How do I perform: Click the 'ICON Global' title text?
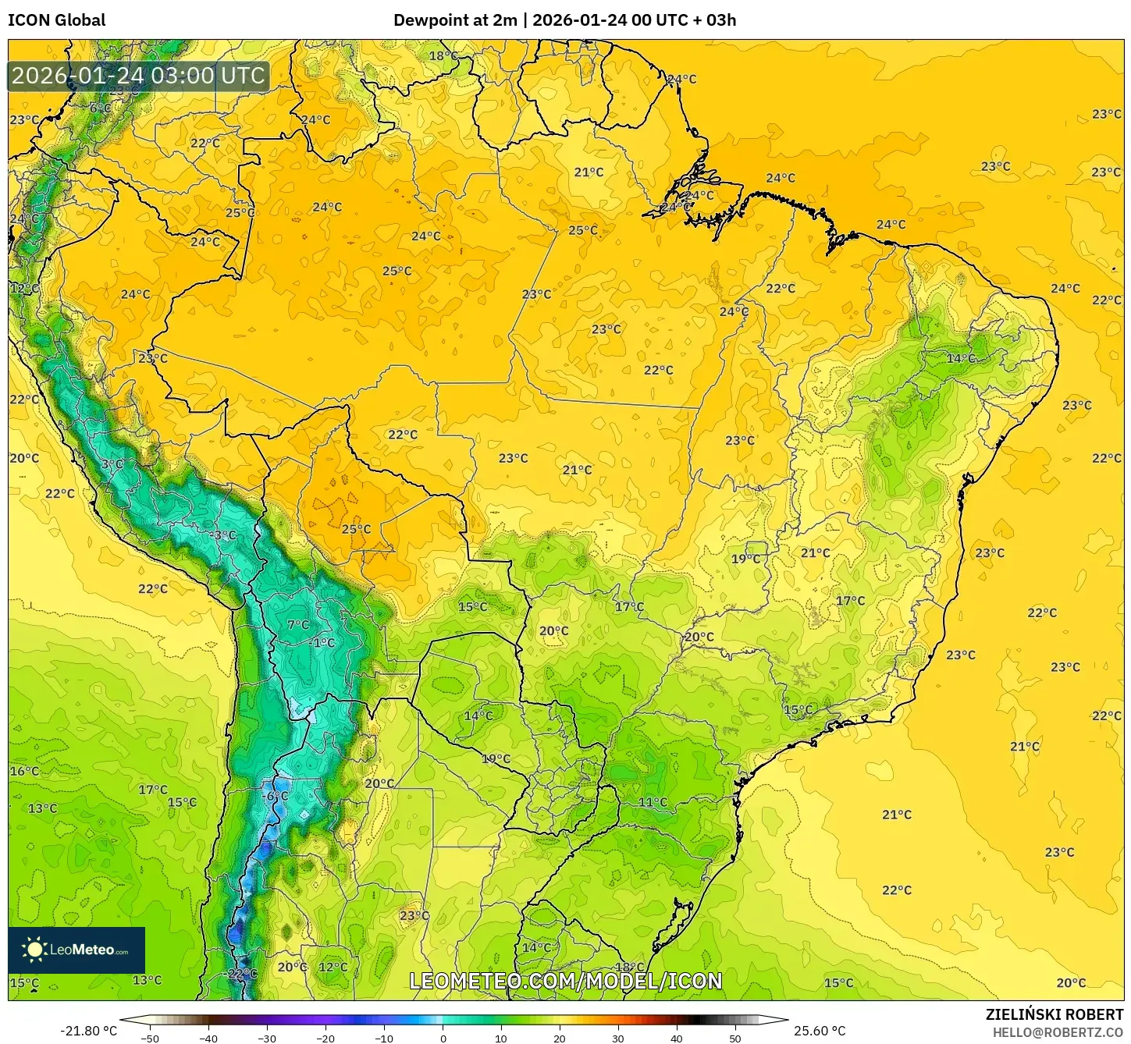pyautogui.click(x=57, y=20)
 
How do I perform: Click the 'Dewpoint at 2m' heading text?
pyautogui.click(x=455, y=20)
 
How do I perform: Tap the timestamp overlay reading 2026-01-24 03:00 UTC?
pyautogui.click(x=139, y=76)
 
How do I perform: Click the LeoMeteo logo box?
pyautogui.click(x=76, y=950)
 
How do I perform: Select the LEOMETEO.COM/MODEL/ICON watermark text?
pyautogui.click(x=566, y=981)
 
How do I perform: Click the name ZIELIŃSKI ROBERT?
pyautogui.click(x=1055, y=1014)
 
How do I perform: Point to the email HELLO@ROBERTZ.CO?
pyautogui.click(x=1058, y=1032)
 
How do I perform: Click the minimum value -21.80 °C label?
pyautogui.click(x=89, y=1031)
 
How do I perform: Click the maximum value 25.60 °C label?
pyautogui.click(x=820, y=1031)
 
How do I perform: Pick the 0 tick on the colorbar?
pyautogui.click(x=443, y=1038)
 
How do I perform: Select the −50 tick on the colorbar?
pyautogui.click(x=150, y=1038)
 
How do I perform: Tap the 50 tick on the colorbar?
pyautogui.click(x=735, y=1038)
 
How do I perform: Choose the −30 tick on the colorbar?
pyautogui.click(x=267, y=1038)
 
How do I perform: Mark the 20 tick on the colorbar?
pyautogui.click(x=560, y=1038)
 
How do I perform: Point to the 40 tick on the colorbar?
pyautogui.click(x=677, y=1038)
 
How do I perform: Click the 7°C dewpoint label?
pyautogui.click(x=298, y=625)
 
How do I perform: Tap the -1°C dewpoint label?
pyautogui.click(x=322, y=643)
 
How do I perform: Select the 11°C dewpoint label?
pyautogui.click(x=653, y=802)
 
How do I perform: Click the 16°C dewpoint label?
pyautogui.click(x=24, y=772)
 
